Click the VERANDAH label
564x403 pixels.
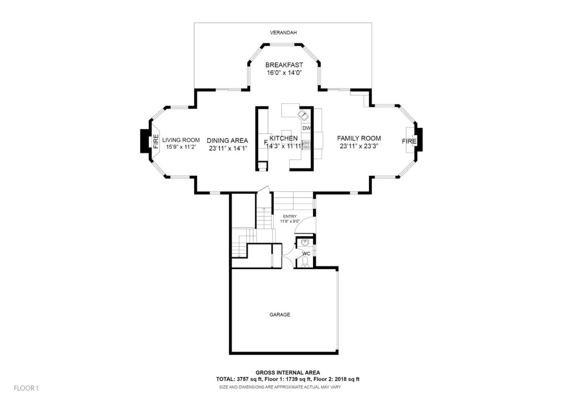[283, 33]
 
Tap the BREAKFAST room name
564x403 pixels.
[284, 65]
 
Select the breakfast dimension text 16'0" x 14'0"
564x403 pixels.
[284, 73]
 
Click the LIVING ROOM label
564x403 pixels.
[181, 140]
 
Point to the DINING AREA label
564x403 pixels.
[227, 141]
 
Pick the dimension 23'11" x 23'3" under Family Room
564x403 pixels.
[359, 146]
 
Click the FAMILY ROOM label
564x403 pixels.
[359, 138]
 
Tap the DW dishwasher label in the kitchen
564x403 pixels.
[306, 128]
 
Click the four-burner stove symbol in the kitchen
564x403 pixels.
[306, 145]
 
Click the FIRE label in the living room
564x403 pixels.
[156, 141]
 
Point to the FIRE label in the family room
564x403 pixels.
[409, 141]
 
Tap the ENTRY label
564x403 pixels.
[290, 216]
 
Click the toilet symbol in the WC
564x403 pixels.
[305, 262]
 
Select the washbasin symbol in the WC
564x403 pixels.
[305, 243]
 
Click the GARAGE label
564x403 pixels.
[280, 314]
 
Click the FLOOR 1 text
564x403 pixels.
[26, 388]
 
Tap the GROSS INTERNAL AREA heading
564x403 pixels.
[287, 372]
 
